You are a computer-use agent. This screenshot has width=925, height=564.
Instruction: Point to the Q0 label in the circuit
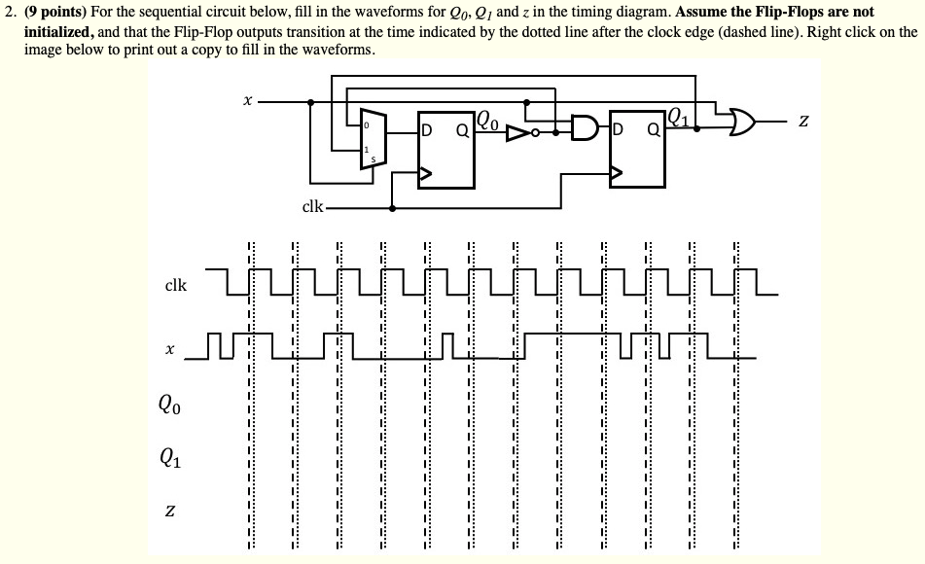490,123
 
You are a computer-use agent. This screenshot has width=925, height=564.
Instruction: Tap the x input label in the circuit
248,100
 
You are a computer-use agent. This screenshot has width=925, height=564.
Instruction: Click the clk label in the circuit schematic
312,207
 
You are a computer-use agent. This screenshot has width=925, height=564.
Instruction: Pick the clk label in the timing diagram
176,286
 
